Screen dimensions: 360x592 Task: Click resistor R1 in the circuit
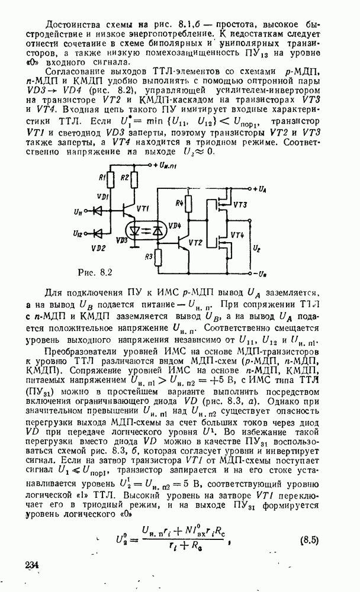click(111, 180)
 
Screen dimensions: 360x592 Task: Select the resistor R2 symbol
click(134, 180)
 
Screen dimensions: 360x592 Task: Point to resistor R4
click(188, 203)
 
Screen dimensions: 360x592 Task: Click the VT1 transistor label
click(143, 208)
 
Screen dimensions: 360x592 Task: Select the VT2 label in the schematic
click(195, 243)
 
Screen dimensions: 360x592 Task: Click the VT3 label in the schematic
click(240, 205)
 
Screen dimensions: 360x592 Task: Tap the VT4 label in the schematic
click(237, 235)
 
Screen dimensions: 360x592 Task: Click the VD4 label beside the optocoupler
click(175, 226)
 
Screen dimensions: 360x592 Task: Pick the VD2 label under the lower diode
click(98, 248)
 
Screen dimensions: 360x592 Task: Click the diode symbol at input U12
click(98, 234)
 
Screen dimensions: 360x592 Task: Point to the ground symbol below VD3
click(134, 247)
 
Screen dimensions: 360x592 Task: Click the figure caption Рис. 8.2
click(95, 272)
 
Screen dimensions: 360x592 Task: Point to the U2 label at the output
click(256, 249)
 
